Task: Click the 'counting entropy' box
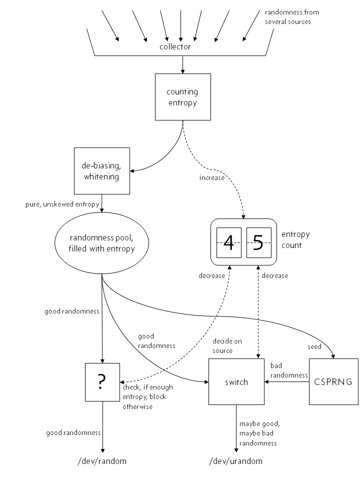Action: tap(182, 97)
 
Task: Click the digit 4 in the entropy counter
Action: tap(228, 242)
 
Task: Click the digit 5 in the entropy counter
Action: tap(258, 242)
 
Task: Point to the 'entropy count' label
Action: tap(295, 240)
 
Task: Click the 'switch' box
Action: tap(236, 382)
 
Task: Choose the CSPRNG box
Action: tap(333, 382)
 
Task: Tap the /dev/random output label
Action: tap(102, 460)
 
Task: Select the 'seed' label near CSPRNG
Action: tap(314, 345)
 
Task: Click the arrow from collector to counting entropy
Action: tap(182, 64)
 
